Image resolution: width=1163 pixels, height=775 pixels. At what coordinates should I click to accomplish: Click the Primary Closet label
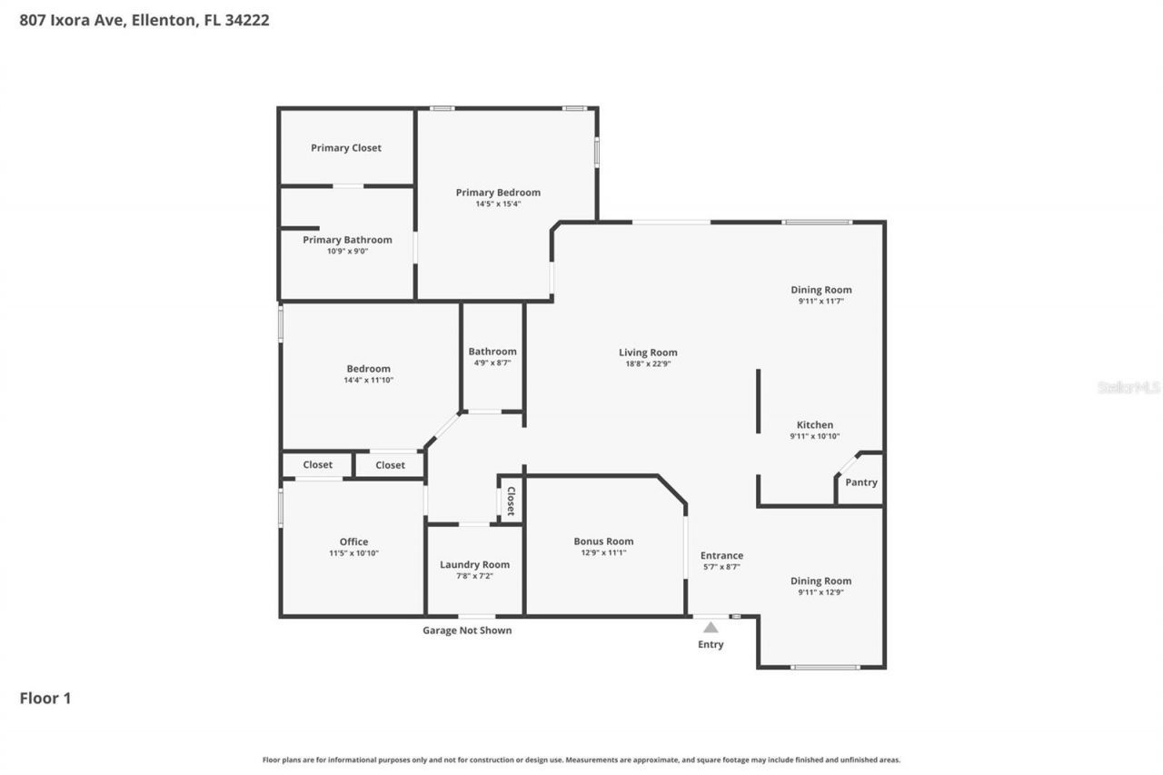[x=346, y=148]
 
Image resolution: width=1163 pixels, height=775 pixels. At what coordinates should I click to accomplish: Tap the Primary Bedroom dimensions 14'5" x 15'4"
[x=498, y=204]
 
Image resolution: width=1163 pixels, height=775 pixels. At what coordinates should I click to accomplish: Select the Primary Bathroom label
[x=347, y=240]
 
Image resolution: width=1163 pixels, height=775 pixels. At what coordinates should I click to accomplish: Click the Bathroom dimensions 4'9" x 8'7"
[x=492, y=363]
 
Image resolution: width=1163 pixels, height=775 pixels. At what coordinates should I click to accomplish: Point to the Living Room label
[x=648, y=353]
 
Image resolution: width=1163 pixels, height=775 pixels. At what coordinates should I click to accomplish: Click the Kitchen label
[x=815, y=425]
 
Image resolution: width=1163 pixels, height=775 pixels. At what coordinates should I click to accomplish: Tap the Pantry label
[x=861, y=482]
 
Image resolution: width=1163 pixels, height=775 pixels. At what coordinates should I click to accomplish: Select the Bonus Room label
[x=603, y=542]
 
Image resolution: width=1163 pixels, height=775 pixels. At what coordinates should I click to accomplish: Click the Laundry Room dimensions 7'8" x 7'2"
[x=474, y=576]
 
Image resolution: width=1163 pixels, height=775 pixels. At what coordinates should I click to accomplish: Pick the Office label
[x=354, y=542]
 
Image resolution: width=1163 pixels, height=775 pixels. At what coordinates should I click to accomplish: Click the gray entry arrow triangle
[x=711, y=627]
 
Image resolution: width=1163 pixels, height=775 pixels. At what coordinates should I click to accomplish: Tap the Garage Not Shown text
[x=467, y=631]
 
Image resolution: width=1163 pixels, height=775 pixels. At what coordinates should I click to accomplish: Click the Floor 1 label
[x=45, y=698]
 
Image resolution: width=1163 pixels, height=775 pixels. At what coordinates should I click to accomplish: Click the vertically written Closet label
[x=511, y=501]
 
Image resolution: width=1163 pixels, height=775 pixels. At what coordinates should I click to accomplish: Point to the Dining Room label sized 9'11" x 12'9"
[x=820, y=581]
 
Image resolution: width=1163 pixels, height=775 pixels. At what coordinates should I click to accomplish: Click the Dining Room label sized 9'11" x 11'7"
[x=820, y=290]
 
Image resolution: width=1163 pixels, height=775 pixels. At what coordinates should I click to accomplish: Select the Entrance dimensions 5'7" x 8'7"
[x=721, y=567]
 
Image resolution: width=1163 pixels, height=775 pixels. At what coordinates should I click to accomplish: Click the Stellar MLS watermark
[x=1128, y=387]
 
